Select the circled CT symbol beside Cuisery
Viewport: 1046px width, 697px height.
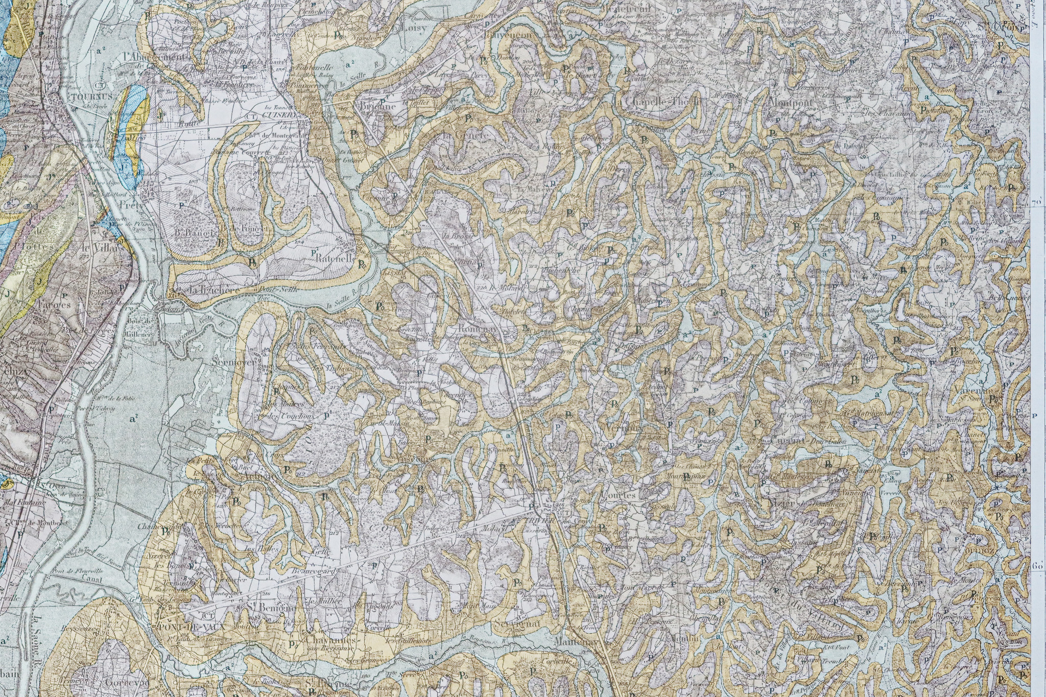click(x=251, y=116)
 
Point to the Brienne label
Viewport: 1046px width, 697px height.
click(x=378, y=107)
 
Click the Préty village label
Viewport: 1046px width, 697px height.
click(x=130, y=204)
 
